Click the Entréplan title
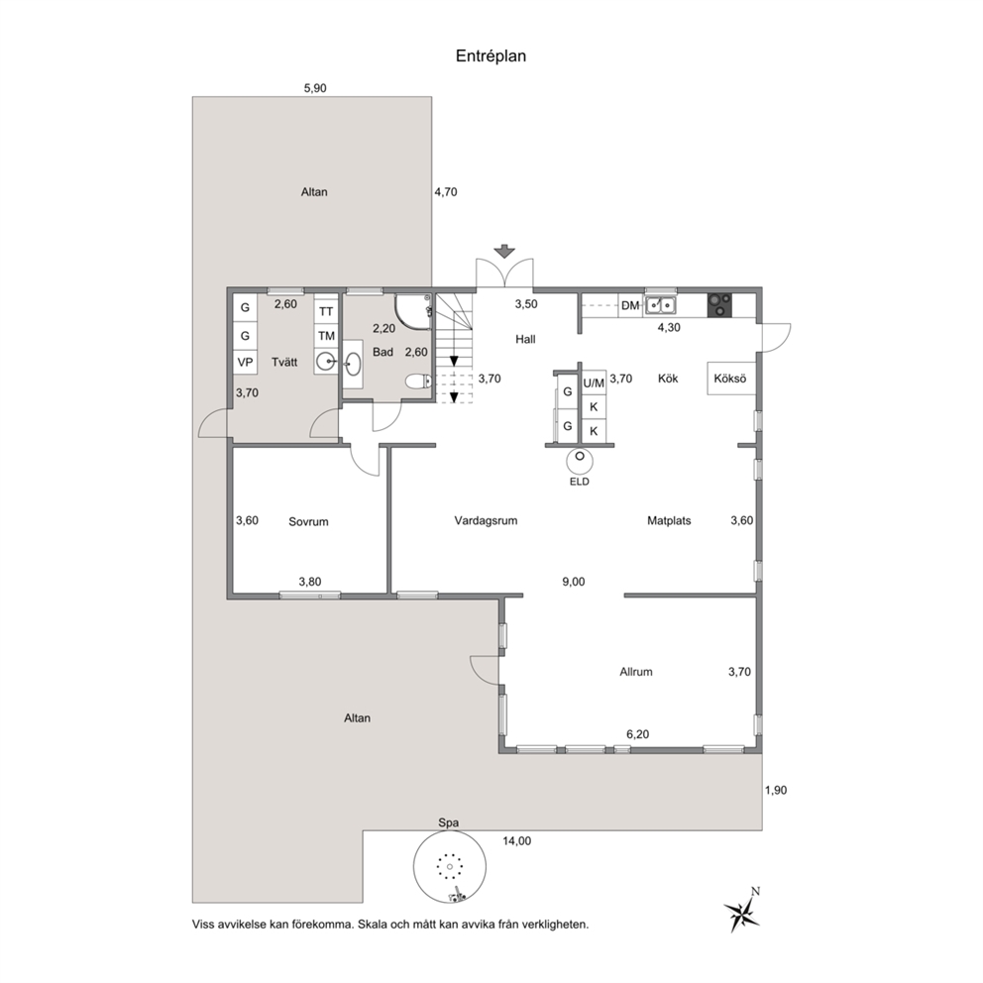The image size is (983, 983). tap(491, 56)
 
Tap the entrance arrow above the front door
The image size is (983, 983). tap(504, 252)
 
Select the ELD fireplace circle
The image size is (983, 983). tap(580, 461)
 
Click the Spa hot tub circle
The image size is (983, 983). tap(450, 867)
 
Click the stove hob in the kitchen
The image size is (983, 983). tap(719, 305)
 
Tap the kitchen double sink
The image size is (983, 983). tap(661, 305)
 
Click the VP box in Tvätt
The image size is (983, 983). tap(245, 363)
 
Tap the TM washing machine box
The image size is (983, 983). tap(326, 336)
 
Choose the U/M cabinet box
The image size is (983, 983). tap(594, 382)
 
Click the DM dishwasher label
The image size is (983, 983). tap(630, 306)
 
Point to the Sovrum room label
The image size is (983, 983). tap(308, 521)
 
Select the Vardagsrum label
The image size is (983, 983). tap(486, 520)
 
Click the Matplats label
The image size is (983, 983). tap(669, 520)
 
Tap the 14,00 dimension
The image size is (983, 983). tap(516, 841)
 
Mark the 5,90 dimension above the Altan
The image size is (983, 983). tap(315, 88)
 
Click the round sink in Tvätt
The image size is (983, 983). tap(326, 362)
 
